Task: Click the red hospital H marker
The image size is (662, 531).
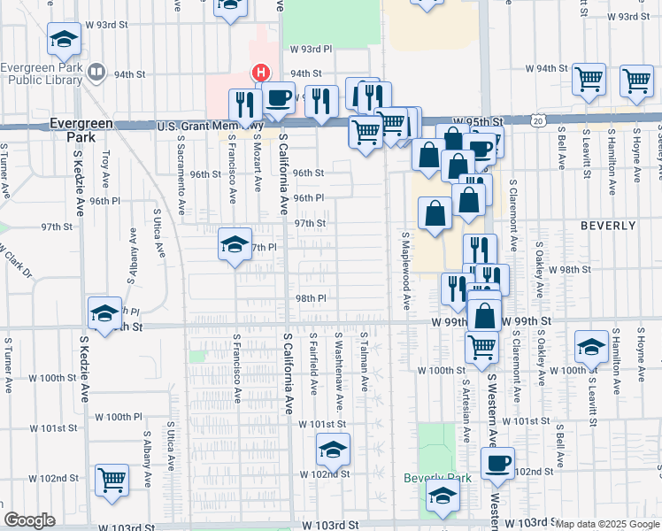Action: (x=260, y=72)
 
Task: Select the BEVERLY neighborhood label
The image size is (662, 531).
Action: (x=608, y=226)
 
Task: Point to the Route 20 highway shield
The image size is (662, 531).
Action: (x=538, y=119)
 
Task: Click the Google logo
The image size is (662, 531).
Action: (x=29, y=519)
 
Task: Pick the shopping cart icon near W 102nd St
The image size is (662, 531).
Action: (x=112, y=480)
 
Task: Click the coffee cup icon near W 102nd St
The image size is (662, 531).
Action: (x=498, y=463)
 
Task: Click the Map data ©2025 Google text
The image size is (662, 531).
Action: (x=606, y=524)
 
